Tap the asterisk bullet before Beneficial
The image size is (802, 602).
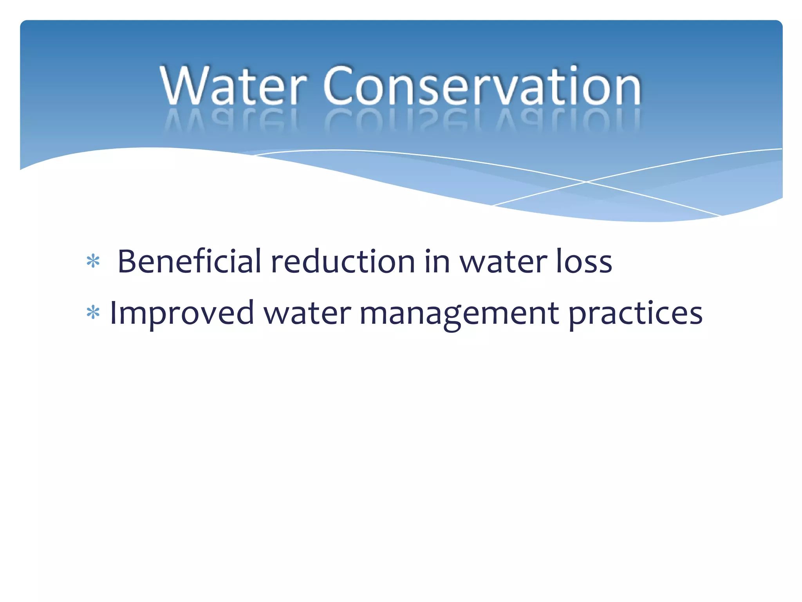[x=93, y=261]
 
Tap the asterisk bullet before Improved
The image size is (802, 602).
[x=93, y=313]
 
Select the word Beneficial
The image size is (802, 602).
[x=189, y=261]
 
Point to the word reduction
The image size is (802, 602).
[x=343, y=261]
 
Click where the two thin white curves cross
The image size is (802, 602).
[x=586, y=182]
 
